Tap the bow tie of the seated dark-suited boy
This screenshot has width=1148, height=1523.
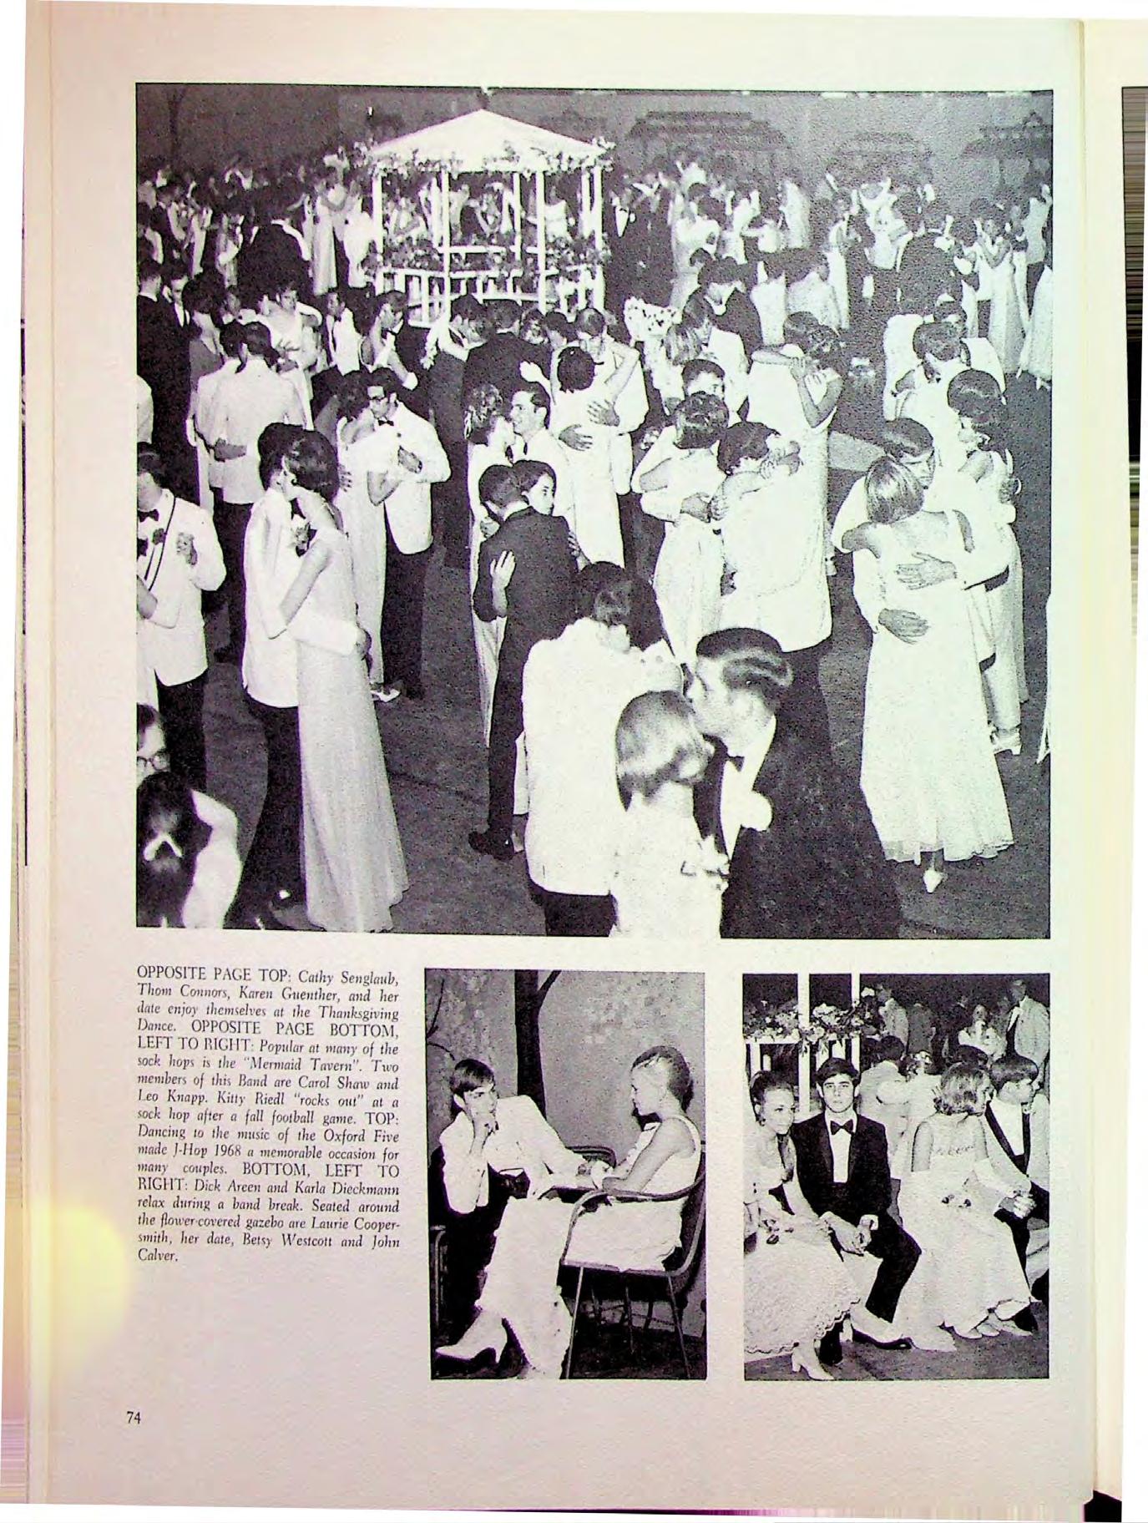(x=840, y=1126)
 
